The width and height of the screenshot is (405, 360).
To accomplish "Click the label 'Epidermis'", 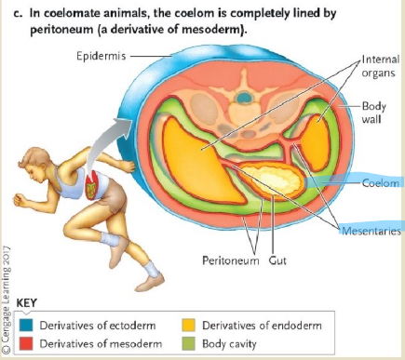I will pos(100,56).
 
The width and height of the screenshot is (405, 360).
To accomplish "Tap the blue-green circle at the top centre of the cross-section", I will pos(243,96).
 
